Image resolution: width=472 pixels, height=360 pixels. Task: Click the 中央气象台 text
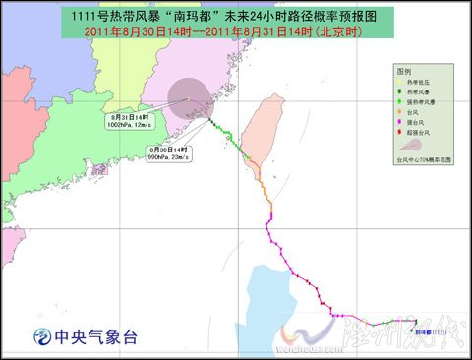coord(97,337)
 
